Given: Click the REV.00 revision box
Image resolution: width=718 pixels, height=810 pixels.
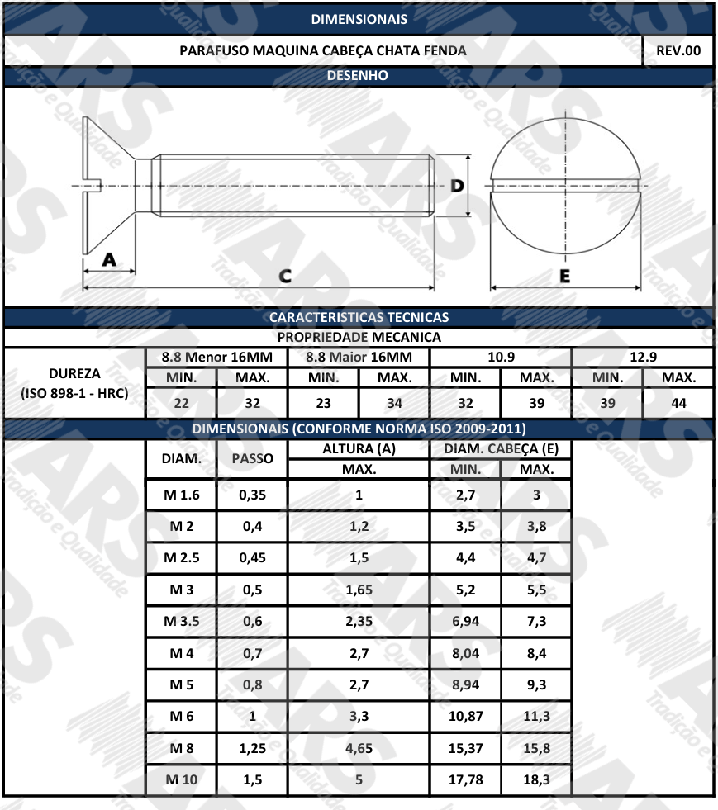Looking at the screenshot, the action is click(678, 50).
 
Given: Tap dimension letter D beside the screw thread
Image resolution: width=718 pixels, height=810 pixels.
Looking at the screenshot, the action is click(457, 186).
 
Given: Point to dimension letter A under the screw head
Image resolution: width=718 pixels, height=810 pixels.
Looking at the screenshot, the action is click(109, 259).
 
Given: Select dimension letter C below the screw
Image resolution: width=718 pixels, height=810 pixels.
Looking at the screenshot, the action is click(285, 277).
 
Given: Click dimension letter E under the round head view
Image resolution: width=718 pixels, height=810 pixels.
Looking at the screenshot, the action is click(565, 277).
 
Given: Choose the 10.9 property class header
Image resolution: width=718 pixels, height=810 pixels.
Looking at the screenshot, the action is click(501, 357).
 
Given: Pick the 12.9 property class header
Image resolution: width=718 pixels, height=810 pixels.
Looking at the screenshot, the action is click(643, 357).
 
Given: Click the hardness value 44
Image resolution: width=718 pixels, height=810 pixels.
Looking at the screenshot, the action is click(678, 403).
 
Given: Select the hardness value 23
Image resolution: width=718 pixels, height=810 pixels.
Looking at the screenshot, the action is click(324, 403).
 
